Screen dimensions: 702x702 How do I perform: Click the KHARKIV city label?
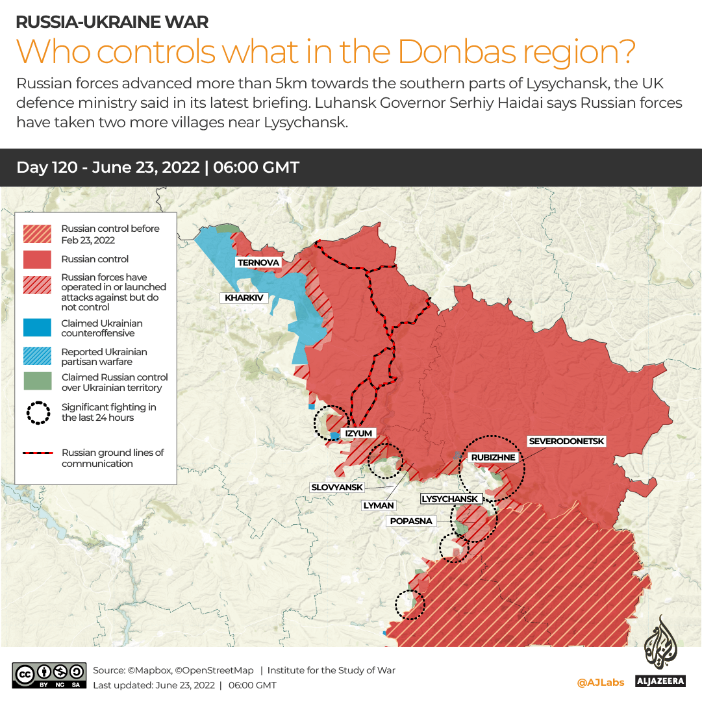pos(244,298)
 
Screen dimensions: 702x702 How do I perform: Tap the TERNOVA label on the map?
pos(258,262)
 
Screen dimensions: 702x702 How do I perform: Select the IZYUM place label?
pos(358,433)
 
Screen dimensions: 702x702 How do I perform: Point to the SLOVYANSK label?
pos(337,487)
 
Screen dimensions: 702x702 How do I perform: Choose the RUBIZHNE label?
pos(493,457)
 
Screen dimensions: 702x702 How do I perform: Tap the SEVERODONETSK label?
pos(566,442)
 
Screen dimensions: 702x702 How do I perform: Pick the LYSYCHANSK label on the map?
pos(450,499)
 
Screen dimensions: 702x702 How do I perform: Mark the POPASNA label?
pos(411,521)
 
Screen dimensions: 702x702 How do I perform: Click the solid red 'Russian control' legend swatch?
pos(37,259)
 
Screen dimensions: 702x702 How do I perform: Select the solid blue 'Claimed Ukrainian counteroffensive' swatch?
pos(37,328)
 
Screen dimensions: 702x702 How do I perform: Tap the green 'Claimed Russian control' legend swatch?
pos(37,382)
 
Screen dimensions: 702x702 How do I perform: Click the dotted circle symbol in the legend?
pos(38,413)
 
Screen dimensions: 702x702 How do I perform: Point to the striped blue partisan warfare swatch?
pos(37,357)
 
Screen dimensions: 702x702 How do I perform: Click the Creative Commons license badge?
pos(49,675)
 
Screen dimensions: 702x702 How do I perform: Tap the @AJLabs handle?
pos(600,683)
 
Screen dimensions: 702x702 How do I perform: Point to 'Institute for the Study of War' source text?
pos(331,670)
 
